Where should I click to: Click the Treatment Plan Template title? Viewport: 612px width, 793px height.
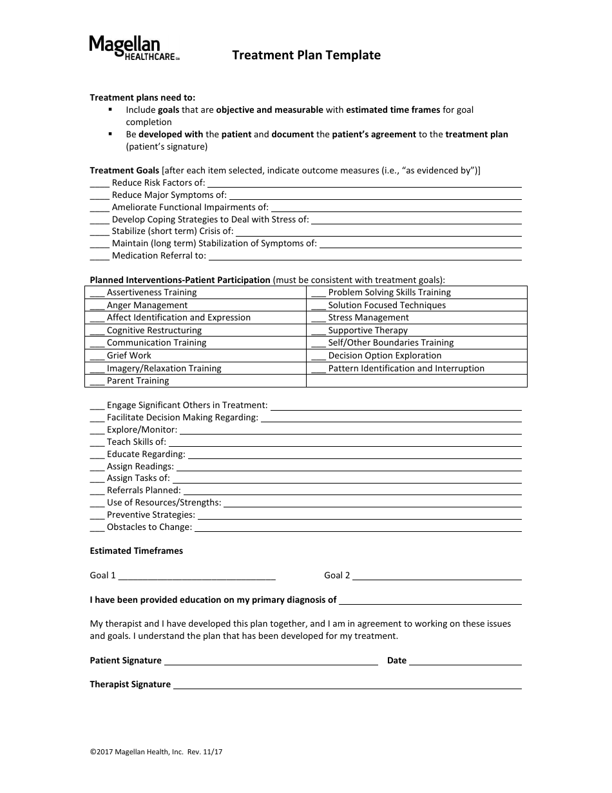pos(306,55)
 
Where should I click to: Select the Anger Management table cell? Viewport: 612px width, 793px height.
pos(195,305)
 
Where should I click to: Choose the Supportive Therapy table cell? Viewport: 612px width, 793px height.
pos(416,330)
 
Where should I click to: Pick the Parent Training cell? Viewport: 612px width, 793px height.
pos(195,380)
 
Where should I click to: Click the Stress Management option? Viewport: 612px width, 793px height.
pos(416,318)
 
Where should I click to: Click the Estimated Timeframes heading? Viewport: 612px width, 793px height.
pos(136,551)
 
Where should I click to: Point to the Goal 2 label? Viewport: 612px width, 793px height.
pos(337,575)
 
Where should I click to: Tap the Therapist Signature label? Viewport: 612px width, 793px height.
pos(130,685)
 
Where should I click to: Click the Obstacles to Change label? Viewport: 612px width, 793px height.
pos(149,527)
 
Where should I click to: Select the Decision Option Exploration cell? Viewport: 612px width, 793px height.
pos(416,355)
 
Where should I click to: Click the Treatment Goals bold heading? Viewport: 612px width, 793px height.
pos(124,171)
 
